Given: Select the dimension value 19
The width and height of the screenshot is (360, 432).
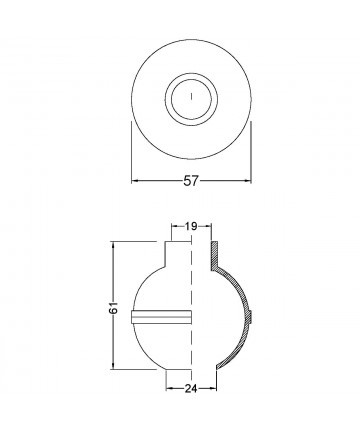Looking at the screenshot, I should (190, 228).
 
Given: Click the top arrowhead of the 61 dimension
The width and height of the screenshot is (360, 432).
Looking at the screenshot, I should (117, 243).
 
